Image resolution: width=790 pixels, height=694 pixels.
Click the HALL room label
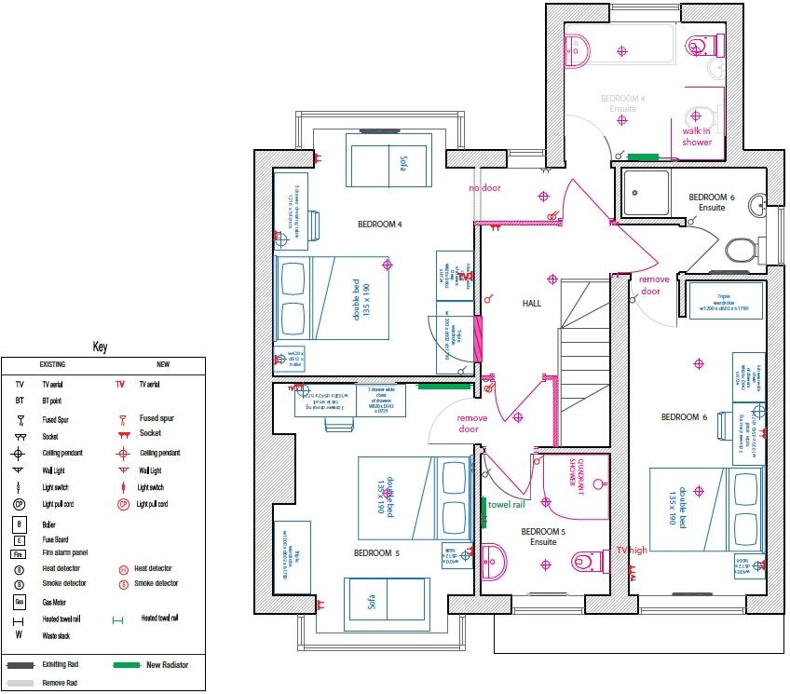(x=532, y=304)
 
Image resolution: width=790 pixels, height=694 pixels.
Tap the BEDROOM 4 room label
(x=379, y=225)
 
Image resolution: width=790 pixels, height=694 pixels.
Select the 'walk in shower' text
(x=697, y=136)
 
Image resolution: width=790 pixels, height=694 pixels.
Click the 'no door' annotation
(x=484, y=188)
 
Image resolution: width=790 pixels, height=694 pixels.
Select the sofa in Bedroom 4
(x=390, y=160)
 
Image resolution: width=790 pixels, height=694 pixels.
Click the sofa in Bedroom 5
(x=385, y=602)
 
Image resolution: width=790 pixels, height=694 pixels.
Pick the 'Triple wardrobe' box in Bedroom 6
(x=726, y=300)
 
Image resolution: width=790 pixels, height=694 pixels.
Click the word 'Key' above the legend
(x=101, y=347)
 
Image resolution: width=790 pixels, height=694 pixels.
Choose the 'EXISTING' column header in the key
(x=51, y=364)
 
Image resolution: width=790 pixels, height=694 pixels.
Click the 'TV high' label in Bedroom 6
(x=631, y=550)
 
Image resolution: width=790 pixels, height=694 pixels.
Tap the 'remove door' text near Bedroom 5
(x=472, y=424)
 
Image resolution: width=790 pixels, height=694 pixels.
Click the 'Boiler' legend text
(x=49, y=524)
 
